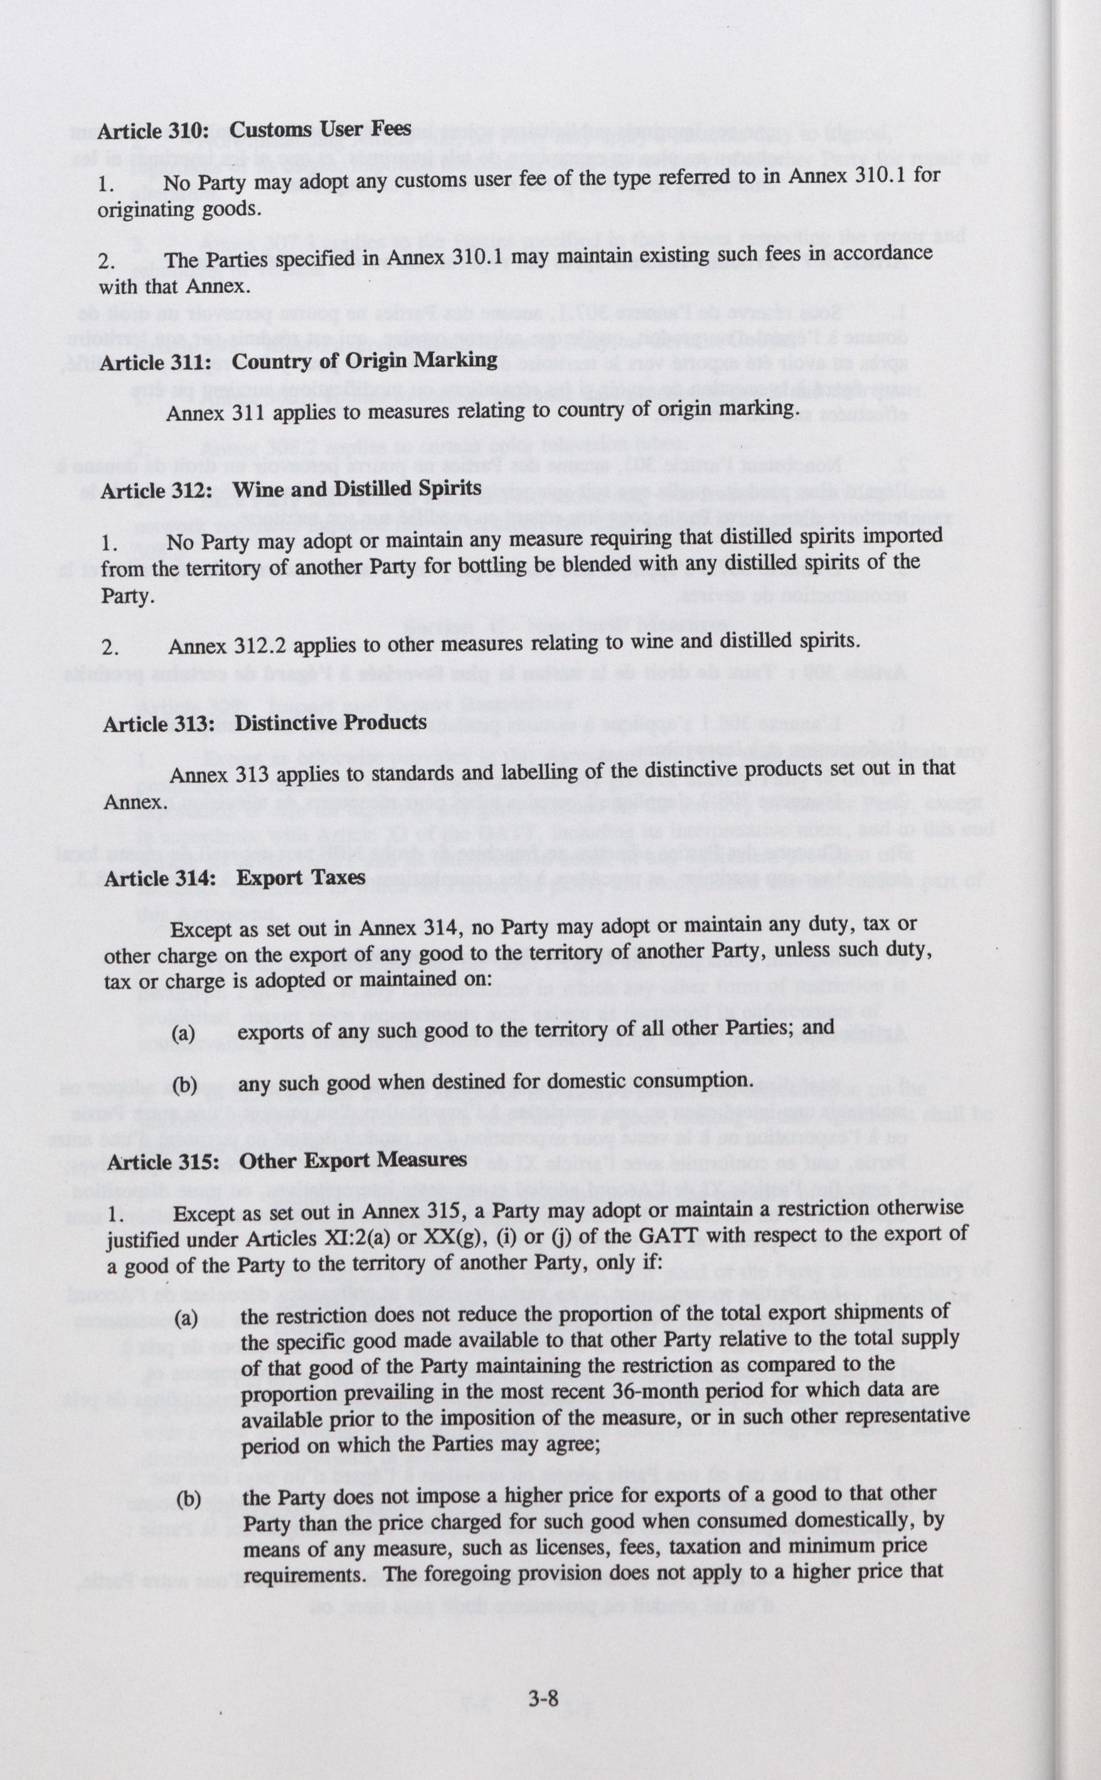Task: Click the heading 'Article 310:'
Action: (154, 131)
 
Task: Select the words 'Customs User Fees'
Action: (321, 130)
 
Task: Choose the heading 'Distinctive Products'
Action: (331, 723)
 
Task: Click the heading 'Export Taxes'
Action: (301, 877)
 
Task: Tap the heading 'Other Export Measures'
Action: (353, 1160)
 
